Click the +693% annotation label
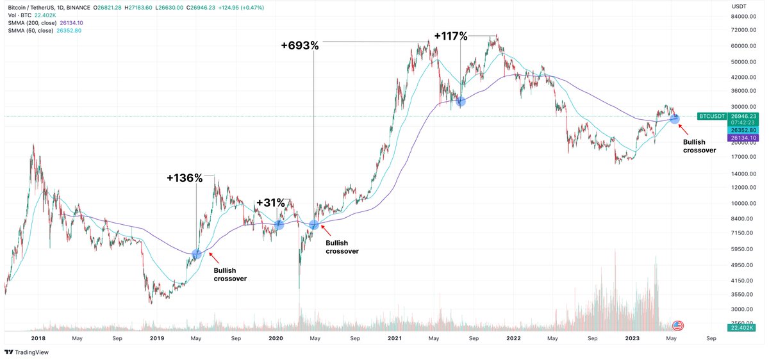[299, 45]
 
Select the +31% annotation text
[270, 203]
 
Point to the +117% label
[451, 37]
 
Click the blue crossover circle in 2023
[674, 119]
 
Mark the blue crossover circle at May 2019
[197, 254]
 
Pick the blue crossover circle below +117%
[460, 101]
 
